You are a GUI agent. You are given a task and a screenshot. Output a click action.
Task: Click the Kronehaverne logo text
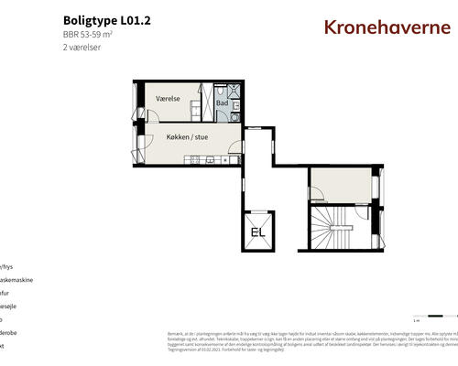[387, 26]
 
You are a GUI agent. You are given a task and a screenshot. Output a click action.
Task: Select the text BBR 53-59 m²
[93, 34]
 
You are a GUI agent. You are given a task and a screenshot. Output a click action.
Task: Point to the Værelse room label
[169, 98]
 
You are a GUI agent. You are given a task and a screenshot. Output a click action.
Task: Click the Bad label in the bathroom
[223, 103]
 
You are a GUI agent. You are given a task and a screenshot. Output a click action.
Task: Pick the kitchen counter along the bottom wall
[211, 161]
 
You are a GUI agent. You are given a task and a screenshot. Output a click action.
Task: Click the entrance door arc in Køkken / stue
[144, 146]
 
